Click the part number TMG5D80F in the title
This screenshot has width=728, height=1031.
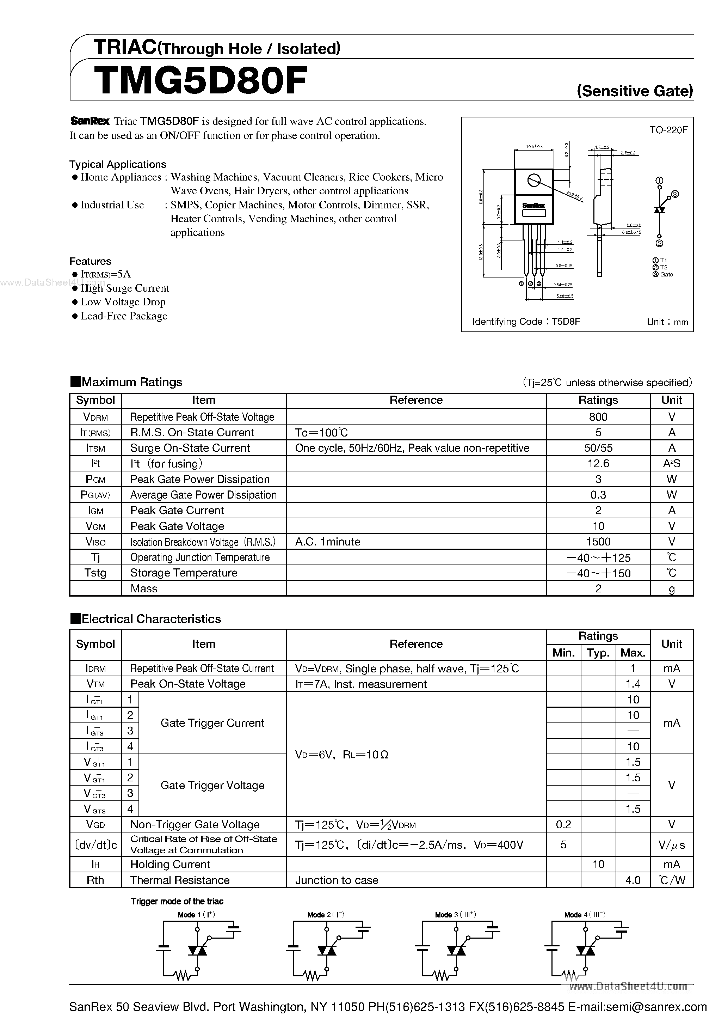[200, 81]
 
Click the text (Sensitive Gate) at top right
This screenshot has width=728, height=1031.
[635, 91]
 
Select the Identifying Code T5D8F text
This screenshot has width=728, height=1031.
[526, 322]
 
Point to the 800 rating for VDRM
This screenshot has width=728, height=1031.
[598, 417]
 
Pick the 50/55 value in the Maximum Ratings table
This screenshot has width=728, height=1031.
[598, 448]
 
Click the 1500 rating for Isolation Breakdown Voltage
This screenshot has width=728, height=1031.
[598, 542]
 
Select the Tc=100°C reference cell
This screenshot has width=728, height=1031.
[321, 432]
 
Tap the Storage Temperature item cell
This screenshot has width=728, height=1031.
[184, 573]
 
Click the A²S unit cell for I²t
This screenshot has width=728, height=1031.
[672, 463]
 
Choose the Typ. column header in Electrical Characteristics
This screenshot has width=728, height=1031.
[598, 652]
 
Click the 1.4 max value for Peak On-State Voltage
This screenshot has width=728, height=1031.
[633, 684]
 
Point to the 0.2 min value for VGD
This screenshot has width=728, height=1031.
[563, 824]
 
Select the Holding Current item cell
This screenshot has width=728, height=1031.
[170, 865]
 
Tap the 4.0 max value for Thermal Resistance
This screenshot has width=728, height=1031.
[633, 880]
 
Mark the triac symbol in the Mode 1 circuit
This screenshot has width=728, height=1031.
[197, 951]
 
